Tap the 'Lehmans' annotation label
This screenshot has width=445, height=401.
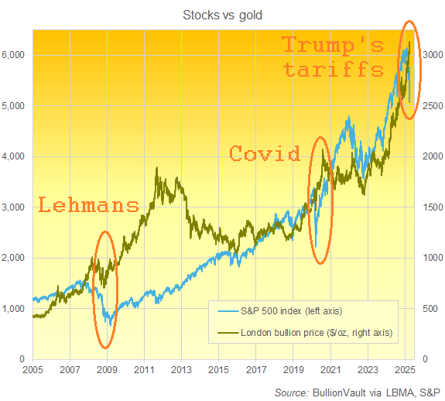click(x=89, y=205)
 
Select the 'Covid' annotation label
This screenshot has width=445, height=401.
click(x=265, y=153)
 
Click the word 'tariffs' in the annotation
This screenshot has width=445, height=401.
click(x=334, y=70)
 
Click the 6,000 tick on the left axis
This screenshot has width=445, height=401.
click(x=16, y=55)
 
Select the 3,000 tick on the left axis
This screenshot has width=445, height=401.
click(x=16, y=207)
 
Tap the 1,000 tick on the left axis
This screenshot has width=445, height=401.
click(x=16, y=309)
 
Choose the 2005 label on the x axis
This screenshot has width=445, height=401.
click(x=33, y=370)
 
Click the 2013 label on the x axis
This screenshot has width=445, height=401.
click(x=182, y=370)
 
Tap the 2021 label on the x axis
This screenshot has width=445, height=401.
click(x=331, y=370)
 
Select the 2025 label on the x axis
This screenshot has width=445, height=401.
click(x=406, y=370)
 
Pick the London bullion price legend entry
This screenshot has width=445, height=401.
click(x=317, y=333)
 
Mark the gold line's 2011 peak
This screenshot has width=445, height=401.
click(x=158, y=168)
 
